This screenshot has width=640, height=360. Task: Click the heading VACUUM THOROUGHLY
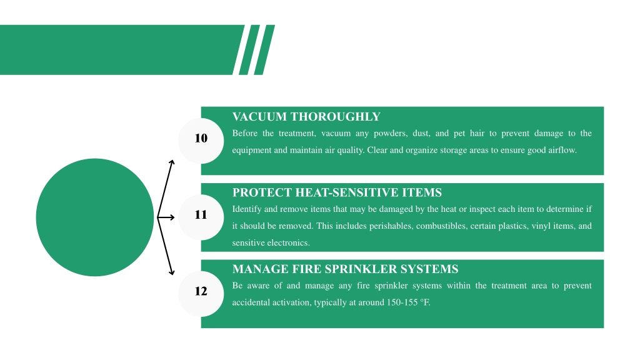point(306,117)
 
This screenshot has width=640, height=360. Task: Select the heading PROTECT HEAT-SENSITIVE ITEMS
point(337,192)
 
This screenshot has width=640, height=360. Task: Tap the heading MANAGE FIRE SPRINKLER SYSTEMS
point(345,269)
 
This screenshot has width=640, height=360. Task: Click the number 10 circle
point(201,141)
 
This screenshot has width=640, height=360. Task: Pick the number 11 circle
point(201,217)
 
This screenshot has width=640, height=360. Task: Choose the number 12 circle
point(201,294)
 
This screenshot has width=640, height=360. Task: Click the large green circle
point(95,217)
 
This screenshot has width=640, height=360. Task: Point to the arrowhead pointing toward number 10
point(172,163)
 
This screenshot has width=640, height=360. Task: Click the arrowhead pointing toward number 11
point(172,217)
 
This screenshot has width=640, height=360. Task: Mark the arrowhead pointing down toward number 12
point(172,272)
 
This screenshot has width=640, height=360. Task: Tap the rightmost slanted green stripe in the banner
point(264,50)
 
